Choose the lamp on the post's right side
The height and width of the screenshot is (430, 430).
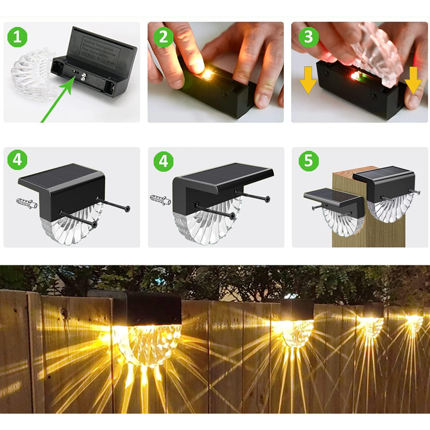(x=385, y=193)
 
